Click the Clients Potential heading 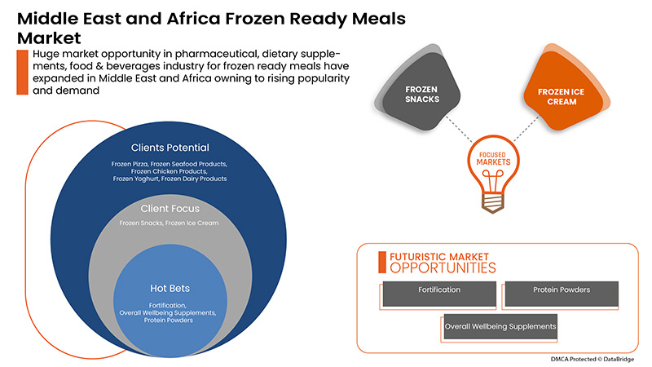170,148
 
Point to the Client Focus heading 170,208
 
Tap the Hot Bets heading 170,289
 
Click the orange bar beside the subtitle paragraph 20,70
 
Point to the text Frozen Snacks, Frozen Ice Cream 170,223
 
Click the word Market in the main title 50,38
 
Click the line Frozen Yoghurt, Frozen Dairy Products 170,179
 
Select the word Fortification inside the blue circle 170,305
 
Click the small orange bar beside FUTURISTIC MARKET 381,261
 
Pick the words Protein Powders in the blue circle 170,321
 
